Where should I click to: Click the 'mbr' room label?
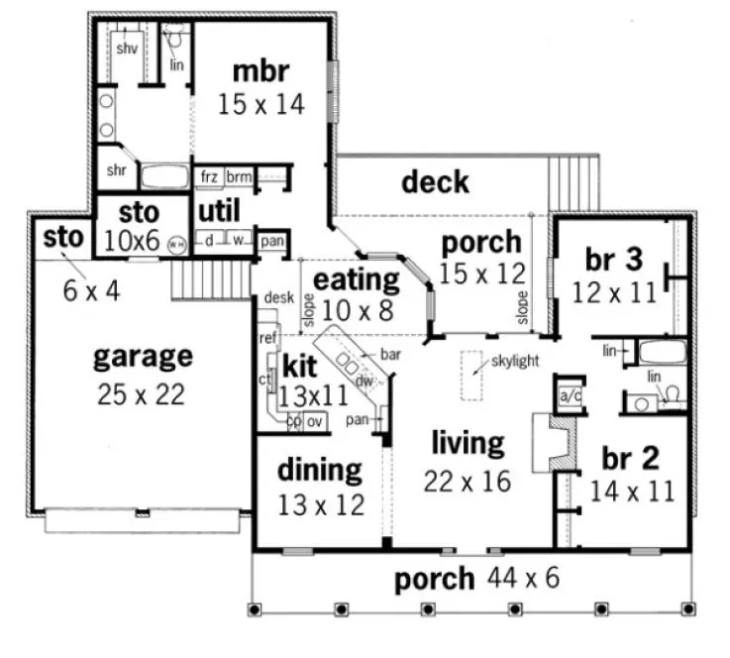point(261,72)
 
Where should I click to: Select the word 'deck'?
point(435,182)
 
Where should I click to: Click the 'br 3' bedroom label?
point(614,261)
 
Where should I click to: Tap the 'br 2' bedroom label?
point(631,459)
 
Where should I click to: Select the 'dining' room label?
point(319,469)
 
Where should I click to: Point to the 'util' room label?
point(219,211)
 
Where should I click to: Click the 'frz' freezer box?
point(209,176)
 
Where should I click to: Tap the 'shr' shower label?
point(115,170)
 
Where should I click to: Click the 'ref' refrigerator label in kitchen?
point(266,338)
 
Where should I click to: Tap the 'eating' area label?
point(356,278)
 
